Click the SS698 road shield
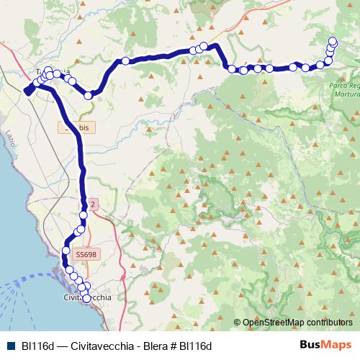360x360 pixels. pyautogui.click(x=85, y=254)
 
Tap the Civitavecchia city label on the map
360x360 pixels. pyautogui.click(x=87, y=297)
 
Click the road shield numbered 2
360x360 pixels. pyautogui.click(x=92, y=204)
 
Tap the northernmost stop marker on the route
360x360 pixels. pyautogui.click(x=333, y=41)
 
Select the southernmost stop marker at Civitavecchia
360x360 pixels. pyautogui.click(x=87, y=298)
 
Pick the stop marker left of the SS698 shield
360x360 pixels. pyautogui.click(x=66, y=251)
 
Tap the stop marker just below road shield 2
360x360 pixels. pyautogui.click(x=84, y=215)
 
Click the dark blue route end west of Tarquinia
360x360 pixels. pyautogui.click(x=27, y=91)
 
